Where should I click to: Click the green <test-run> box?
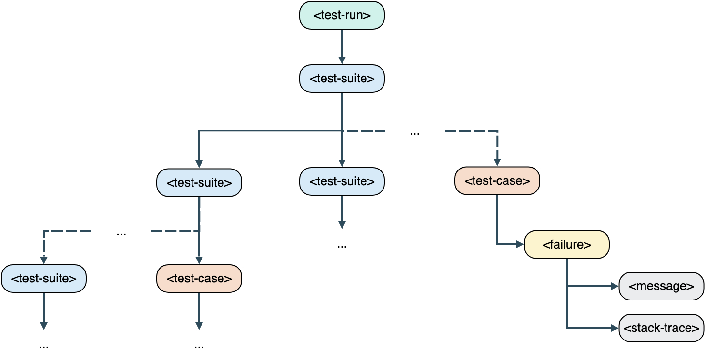click(342, 15)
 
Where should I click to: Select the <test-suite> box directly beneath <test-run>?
click(342, 79)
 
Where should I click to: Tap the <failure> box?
click(567, 245)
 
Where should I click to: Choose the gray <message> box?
click(661, 286)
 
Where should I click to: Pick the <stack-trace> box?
click(661, 328)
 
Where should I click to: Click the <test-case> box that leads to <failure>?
click(497, 181)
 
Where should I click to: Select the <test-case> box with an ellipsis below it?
click(199, 278)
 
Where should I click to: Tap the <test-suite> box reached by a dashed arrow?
click(44, 278)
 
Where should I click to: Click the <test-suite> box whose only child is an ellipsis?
click(342, 181)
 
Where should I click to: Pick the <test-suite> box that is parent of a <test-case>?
click(199, 182)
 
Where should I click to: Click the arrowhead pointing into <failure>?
click(520, 244)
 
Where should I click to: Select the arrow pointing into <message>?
click(591, 286)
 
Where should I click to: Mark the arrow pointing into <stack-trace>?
click(591, 328)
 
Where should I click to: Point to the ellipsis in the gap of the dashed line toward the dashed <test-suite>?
click(121, 234)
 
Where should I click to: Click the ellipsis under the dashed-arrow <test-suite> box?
click(44, 346)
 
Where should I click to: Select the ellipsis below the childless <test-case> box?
click(199, 346)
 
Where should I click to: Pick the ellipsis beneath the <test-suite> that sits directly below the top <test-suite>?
click(342, 246)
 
